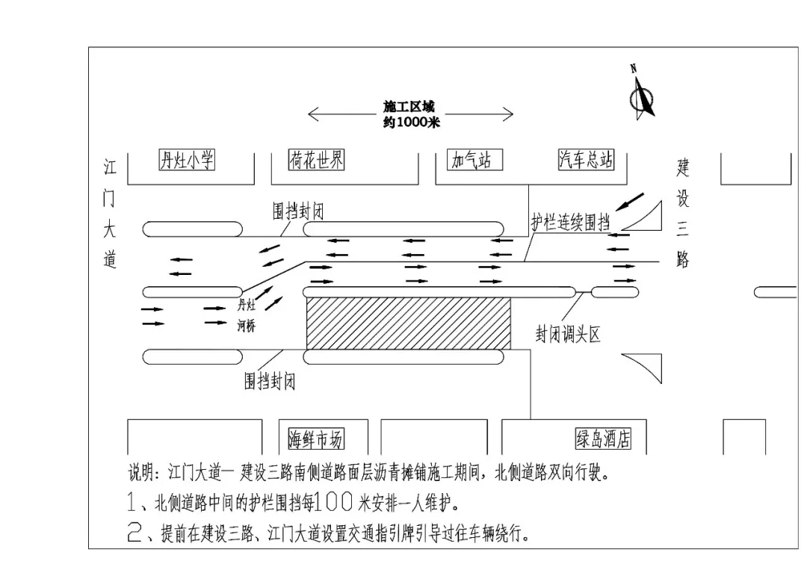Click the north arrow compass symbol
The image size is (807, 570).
pos(641,94)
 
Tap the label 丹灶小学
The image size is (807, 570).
pos(187,160)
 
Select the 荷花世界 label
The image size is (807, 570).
pos(316,160)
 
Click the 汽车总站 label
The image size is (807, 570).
pos(587,160)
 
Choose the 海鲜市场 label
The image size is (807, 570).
pos(316,440)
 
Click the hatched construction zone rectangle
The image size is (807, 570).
pos(409,323)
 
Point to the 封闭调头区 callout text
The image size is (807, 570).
pos(568,335)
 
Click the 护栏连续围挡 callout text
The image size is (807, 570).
pos(570,223)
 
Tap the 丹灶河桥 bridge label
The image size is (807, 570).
pos(247,315)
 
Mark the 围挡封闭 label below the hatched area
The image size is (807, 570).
pos(270,381)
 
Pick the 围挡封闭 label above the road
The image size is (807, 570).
pos(297,212)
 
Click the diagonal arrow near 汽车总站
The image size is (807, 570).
pos(629,200)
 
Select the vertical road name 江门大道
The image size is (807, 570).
pos(110,213)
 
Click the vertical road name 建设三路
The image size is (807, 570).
pos(682,213)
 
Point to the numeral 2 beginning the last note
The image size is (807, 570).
pos(134,534)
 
